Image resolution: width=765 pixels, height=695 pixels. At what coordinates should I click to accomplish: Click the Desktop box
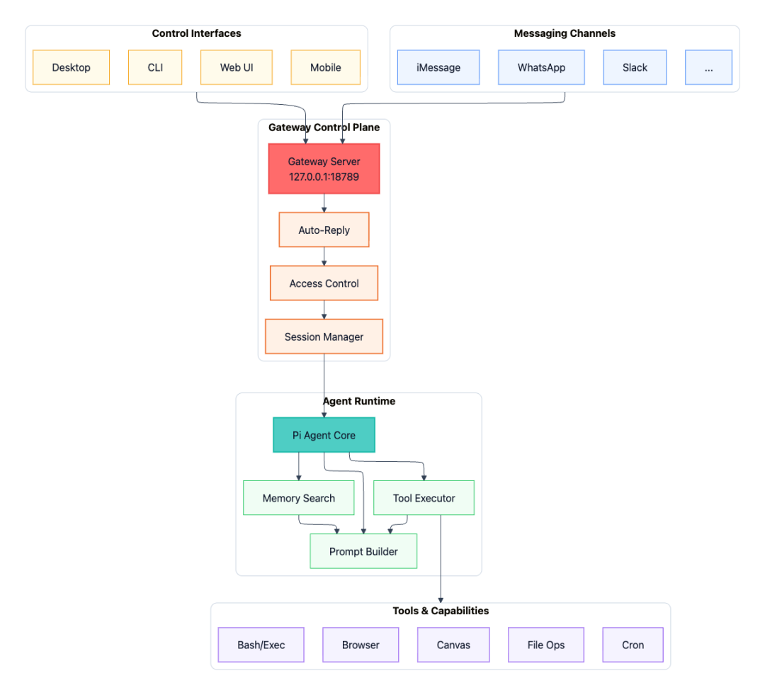[x=71, y=67]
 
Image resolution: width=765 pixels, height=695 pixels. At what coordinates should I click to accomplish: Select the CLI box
[x=155, y=67]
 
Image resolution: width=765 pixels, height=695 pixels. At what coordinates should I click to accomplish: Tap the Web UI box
[x=237, y=67]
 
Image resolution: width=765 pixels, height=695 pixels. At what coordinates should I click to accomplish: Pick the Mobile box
[x=325, y=67]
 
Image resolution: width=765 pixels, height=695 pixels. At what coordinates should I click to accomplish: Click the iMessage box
[x=438, y=67]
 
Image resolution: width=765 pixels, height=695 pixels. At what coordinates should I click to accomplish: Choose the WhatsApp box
[x=541, y=67]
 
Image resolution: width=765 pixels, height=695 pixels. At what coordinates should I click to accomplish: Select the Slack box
[x=635, y=67]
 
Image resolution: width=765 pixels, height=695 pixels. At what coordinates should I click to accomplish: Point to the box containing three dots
[x=708, y=67]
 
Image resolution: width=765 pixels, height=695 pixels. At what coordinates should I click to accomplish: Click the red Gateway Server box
[x=324, y=169]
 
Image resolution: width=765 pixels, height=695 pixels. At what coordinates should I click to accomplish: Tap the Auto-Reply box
[x=324, y=230]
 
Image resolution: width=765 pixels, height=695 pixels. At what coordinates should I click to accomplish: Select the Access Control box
[x=324, y=283]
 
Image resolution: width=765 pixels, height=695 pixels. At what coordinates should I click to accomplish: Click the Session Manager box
[x=324, y=337]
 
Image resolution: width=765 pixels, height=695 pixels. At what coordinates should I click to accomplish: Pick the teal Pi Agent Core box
[x=324, y=435]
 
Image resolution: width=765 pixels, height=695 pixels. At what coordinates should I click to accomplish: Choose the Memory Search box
[x=298, y=498]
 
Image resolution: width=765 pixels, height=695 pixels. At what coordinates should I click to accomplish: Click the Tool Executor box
[x=424, y=498]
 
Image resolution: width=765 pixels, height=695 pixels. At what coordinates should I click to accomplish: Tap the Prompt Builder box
[x=363, y=551]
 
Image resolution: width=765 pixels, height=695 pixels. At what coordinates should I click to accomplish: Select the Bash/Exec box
[x=261, y=645]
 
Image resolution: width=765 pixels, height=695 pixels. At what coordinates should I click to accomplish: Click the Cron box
[x=633, y=645]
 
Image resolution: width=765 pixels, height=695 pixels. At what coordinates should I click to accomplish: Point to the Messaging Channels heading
[x=564, y=33]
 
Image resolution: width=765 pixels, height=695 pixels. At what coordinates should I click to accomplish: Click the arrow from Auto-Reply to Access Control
[x=324, y=256]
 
